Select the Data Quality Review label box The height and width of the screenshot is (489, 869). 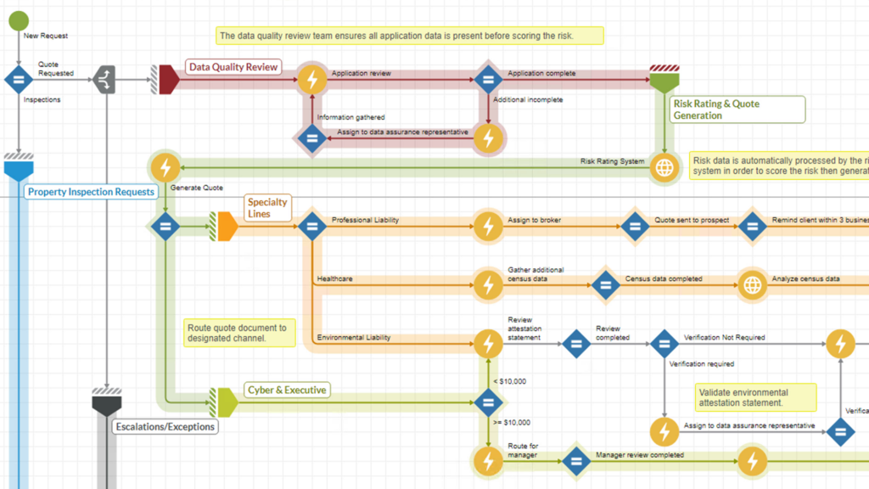[x=233, y=67]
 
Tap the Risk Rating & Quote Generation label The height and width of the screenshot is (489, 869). [x=736, y=110]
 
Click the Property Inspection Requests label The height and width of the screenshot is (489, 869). [x=91, y=192]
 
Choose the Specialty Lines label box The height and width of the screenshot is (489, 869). [x=267, y=208]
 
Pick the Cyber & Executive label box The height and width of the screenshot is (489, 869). [x=286, y=390]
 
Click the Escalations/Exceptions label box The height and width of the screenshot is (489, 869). [x=165, y=426]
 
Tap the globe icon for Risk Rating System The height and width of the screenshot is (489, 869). [x=664, y=167]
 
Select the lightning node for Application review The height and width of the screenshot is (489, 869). [x=312, y=80]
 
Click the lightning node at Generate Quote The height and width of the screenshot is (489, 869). [x=165, y=167]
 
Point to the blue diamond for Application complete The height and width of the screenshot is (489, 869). [x=488, y=80]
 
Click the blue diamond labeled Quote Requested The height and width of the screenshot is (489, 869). [x=18, y=80]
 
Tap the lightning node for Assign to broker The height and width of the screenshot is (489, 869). [x=487, y=227]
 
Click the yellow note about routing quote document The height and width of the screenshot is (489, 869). [x=240, y=333]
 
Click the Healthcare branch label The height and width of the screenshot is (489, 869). [x=335, y=278]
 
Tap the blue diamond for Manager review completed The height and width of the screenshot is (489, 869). [x=575, y=462]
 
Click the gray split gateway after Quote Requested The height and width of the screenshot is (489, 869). [x=104, y=80]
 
